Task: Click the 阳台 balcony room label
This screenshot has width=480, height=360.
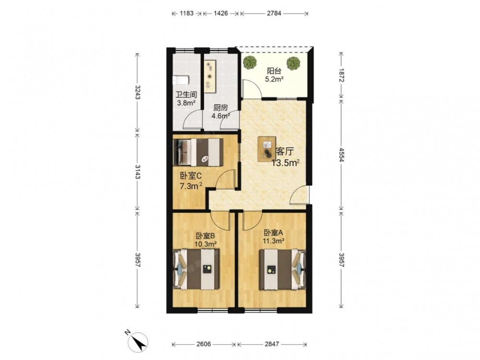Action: (274, 71)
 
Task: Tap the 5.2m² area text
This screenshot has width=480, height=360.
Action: (274, 80)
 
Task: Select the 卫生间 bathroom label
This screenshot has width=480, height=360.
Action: (186, 95)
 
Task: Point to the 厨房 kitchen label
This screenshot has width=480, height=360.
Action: (220, 108)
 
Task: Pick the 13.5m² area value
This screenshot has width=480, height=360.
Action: (285, 163)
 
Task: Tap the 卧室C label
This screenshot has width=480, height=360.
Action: (191, 176)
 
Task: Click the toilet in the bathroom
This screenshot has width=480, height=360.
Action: (181, 80)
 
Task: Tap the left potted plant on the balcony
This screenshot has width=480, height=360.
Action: (250, 62)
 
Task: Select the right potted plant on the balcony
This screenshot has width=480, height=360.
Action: (293, 63)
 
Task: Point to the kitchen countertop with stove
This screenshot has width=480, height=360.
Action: (210, 76)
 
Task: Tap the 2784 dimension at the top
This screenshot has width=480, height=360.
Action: (274, 13)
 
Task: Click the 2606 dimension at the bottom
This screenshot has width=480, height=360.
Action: (204, 344)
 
